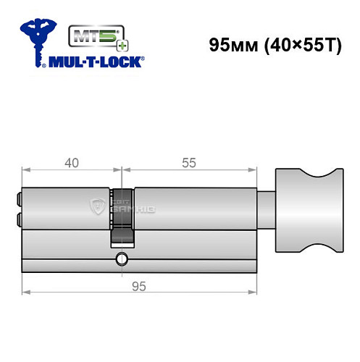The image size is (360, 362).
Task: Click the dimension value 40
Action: coord(71,163)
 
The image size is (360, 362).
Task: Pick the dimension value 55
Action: coord(188,163)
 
